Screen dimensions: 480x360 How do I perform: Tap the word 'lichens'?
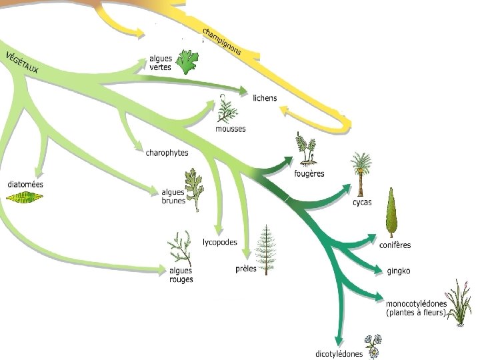point(265,98)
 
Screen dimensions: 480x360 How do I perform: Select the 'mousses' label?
point(230,129)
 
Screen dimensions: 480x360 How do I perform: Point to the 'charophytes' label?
point(167,153)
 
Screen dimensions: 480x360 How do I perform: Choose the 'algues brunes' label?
point(173,196)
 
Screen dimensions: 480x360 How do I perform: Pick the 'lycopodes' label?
point(219,242)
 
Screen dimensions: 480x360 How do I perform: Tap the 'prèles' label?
point(246,269)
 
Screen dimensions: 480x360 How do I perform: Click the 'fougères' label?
point(309,173)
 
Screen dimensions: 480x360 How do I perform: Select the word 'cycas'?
point(362,202)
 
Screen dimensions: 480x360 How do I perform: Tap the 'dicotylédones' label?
point(339,353)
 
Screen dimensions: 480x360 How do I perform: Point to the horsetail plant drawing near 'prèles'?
point(266,249)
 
